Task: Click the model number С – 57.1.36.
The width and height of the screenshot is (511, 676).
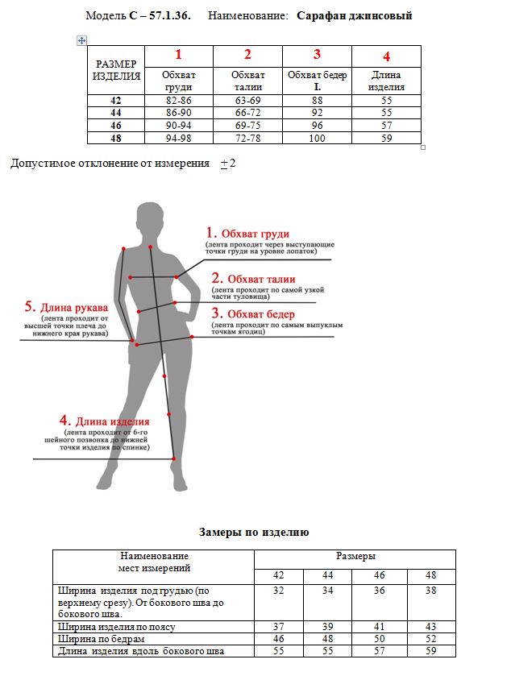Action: [x=160, y=15]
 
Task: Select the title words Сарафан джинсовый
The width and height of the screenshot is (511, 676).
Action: [x=355, y=15]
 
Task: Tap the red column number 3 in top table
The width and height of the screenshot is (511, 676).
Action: [x=317, y=55]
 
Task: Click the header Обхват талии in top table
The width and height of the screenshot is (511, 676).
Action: [x=247, y=81]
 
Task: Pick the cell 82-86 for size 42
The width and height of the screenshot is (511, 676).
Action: [x=178, y=100]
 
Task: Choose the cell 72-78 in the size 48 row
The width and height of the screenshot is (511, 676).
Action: [x=247, y=139]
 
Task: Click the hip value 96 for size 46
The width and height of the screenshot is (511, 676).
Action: [x=317, y=126]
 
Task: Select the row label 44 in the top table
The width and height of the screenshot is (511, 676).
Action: [x=115, y=113]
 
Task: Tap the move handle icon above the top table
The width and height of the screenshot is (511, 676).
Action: [x=81, y=39]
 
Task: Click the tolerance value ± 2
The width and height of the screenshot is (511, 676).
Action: [x=227, y=164]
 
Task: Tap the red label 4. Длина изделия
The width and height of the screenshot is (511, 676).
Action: [x=105, y=421]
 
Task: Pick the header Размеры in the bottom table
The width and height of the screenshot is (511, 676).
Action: [x=355, y=557]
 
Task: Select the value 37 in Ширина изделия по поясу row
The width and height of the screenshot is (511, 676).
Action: [x=279, y=626]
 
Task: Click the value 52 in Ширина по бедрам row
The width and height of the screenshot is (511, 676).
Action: [x=430, y=638]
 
